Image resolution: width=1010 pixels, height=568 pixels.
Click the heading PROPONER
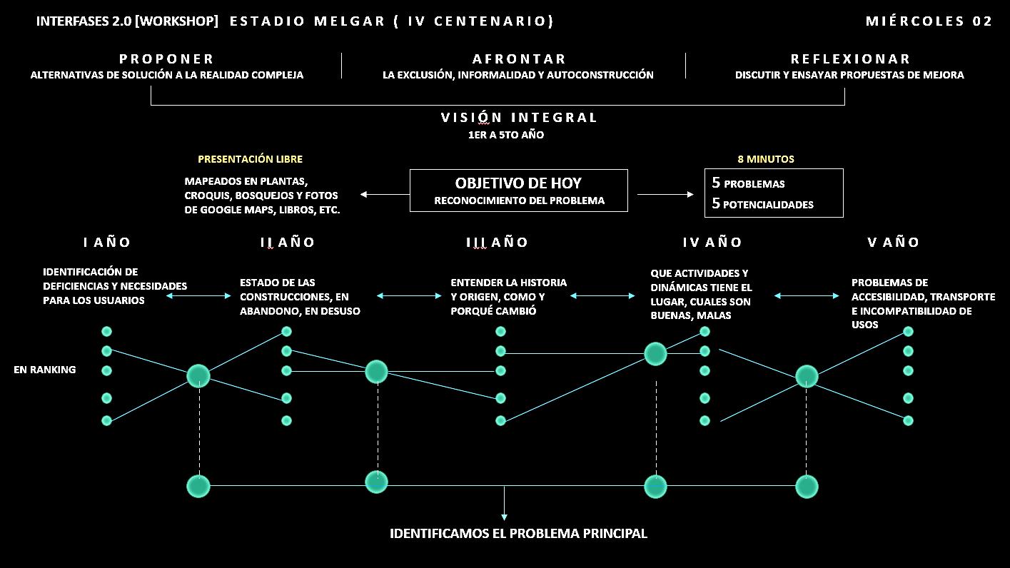point(166,59)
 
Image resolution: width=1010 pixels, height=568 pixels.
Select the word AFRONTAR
point(519,59)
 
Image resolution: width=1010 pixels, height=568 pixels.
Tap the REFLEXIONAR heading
point(850,59)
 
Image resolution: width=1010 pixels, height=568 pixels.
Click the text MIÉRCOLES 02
point(929,21)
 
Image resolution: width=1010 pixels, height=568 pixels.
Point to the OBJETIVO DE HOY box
point(519,191)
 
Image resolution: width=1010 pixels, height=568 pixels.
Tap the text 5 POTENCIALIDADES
point(762,204)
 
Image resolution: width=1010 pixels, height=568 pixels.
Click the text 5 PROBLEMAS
point(748,183)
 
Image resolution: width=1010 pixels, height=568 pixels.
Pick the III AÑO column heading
point(497,243)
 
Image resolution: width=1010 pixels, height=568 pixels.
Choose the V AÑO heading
point(893,243)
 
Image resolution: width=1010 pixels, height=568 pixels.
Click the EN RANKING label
point(44,370)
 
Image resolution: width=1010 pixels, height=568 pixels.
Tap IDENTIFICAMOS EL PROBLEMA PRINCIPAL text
point(518,534)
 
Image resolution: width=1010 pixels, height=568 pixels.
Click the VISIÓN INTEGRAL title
point(519,118)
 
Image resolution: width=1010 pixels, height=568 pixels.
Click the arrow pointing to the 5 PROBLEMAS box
point(665,194)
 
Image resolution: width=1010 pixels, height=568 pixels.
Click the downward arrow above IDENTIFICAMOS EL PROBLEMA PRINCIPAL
point(505,505)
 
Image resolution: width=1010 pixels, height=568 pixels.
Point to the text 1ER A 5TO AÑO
point(501,135)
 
